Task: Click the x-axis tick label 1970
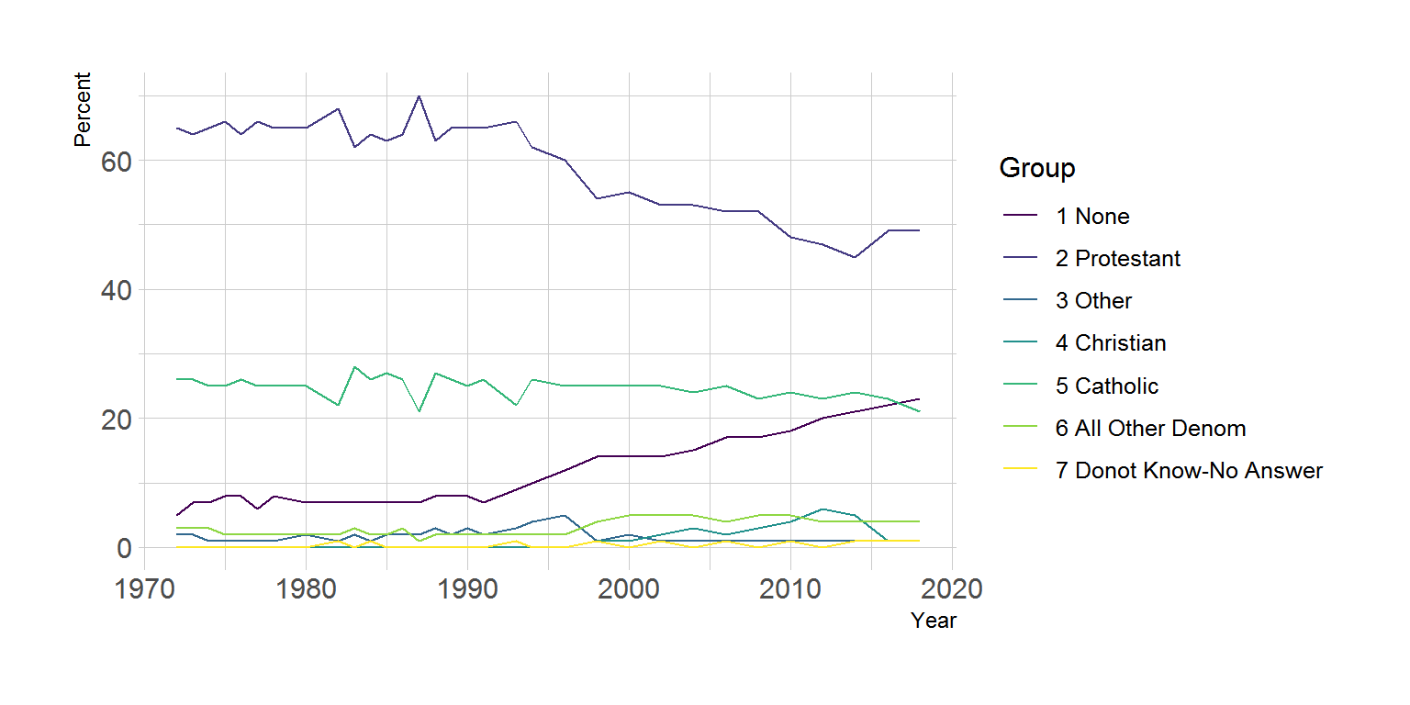pyautogui.click(x=144, y=588)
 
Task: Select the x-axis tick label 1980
pyautogui.click(x=306, y=588)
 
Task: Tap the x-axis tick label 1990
pyautogui.click(x=467, y=588)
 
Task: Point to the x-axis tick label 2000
pyautogui.click(x=629, y=588)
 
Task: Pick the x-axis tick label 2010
pyautogui.click(x=790, y=588)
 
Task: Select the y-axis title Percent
pyautogui.click(x=83, y=109)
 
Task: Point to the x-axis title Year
pyautogui.click(x=934, y=621)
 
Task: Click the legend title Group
pyautogui.click(x=1037, y=169)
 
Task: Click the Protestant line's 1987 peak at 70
pyautogui.click(x=419, y=95)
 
